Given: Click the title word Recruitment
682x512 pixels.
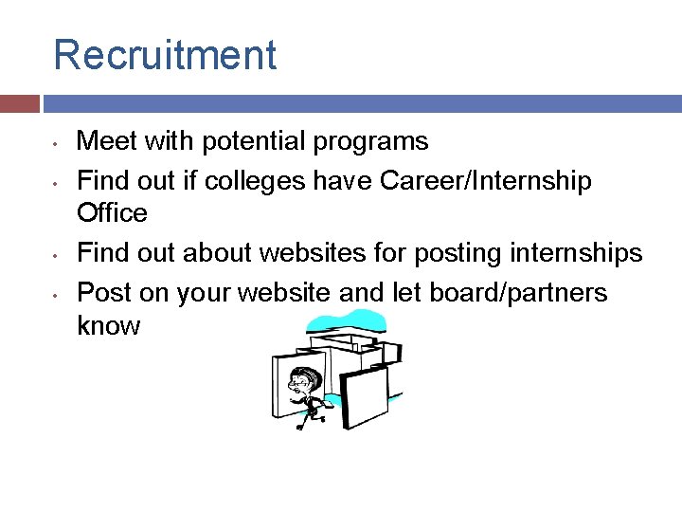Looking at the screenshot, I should pos(165,55).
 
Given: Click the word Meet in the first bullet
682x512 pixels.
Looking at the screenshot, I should pos(101,142).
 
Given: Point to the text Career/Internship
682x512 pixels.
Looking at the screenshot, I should pos(486,180).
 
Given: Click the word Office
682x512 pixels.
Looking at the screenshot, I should pos(112,213).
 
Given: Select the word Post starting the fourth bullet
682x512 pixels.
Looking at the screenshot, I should pos(101,292).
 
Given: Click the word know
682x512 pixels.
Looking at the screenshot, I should pos(108,326).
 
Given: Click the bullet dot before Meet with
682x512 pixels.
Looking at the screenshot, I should pos(58,145).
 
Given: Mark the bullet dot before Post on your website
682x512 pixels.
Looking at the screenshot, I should pos(58,295).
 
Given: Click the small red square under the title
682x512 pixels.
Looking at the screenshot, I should pos(20,103).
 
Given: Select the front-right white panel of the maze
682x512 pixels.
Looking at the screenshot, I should pos(364,394).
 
